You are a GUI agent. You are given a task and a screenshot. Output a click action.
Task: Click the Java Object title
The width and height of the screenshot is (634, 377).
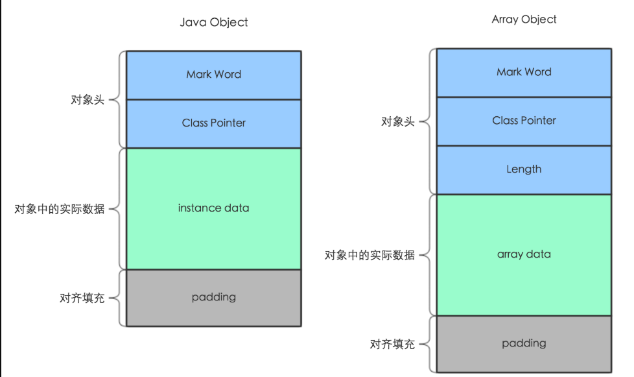click(213, 22)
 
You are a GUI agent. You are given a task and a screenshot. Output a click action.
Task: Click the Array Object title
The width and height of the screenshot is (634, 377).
click(524, 19)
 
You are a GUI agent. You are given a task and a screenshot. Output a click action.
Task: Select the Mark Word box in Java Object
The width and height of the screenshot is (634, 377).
click(213, 75)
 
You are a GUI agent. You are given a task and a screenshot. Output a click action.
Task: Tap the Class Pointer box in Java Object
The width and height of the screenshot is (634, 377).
click(213, 123)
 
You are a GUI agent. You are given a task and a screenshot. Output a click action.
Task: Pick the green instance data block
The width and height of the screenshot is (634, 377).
click(213, 208)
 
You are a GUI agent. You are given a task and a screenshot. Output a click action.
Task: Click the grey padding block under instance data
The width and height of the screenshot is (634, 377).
click(213, 297)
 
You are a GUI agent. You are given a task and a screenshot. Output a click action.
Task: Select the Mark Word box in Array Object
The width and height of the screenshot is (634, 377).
click(524, 72)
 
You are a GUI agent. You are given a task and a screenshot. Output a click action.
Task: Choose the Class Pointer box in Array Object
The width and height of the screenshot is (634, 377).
click(524, 121)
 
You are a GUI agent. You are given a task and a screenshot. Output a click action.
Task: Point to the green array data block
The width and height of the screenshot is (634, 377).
click(524, 254)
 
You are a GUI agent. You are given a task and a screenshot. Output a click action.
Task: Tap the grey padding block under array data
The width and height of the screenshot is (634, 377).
click(524, 343)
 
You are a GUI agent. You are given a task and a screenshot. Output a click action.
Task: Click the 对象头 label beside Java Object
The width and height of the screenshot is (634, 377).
click(87, 100)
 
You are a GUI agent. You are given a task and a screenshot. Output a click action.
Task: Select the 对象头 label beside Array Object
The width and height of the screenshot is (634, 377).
click(397, 121)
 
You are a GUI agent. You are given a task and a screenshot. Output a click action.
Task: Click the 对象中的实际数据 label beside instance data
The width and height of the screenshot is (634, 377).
click(60, 209)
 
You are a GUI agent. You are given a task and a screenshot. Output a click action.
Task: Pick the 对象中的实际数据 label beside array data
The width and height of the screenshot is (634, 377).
click(370, 255)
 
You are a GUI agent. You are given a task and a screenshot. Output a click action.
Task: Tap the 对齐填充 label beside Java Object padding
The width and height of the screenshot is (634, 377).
click(82, 298)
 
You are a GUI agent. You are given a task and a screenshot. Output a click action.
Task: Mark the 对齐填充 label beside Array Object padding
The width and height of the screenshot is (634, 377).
click(392, 345)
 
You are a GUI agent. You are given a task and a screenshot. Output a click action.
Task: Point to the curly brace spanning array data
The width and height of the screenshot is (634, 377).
click(428, 255)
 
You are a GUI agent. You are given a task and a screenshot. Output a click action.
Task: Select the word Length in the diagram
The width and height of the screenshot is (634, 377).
click(524, 169)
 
